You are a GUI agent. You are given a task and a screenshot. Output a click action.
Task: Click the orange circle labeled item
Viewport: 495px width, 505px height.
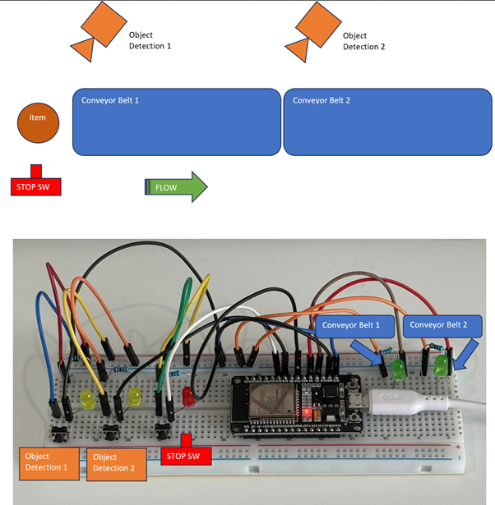tap(38, 122)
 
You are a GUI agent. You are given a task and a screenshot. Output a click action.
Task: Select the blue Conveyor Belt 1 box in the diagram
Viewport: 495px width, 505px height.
tap(177, 122)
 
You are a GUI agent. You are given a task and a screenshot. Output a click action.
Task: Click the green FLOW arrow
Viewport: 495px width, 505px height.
tap(177, 187)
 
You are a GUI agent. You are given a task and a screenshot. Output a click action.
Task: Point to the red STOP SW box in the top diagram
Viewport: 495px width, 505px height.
tap(36, 185)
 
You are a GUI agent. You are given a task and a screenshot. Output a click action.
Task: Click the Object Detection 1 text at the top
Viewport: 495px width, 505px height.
tap(150, 41)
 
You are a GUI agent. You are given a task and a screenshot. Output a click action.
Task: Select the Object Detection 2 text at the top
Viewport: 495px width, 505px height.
tap(363, 41)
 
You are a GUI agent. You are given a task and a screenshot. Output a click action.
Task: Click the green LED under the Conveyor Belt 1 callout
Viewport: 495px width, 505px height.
tap(399, 369)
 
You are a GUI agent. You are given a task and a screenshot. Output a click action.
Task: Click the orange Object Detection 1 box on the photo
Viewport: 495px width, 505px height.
tap(49, 462)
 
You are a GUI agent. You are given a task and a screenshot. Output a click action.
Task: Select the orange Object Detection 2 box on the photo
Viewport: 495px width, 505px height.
tap(116, 462)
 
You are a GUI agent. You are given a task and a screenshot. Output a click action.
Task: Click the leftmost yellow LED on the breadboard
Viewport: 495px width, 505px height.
tap(86, 400)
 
